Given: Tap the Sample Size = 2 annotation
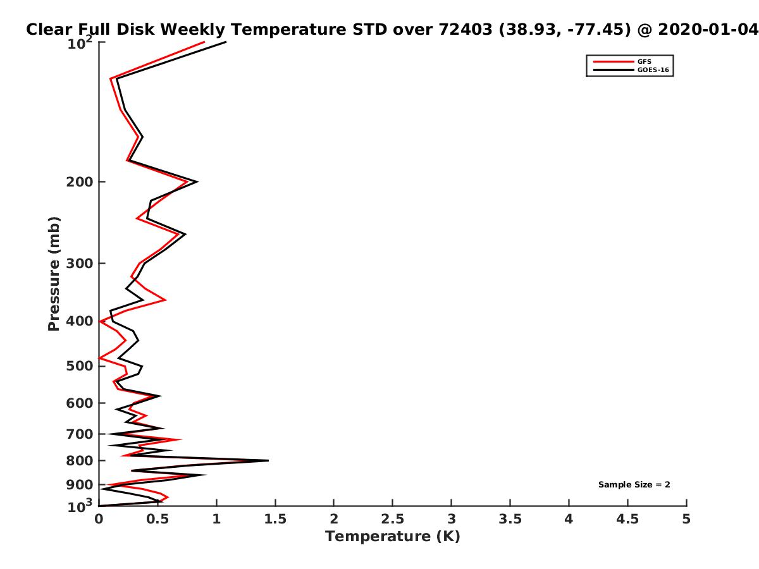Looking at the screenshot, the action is [634, 485].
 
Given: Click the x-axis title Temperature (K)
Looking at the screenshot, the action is [393, 537].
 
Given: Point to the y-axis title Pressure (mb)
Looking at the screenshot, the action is [54, 274].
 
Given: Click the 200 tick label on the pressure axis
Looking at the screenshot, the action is [80, 181].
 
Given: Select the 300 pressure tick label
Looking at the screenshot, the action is [80, 264].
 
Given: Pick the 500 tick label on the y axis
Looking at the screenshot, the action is [80, 366].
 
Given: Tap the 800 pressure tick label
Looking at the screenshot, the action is [80, 460].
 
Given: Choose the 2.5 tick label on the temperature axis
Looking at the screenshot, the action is [393, 519].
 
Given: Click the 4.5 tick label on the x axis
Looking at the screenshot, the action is [627, 519].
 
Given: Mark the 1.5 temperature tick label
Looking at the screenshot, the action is [275, 519].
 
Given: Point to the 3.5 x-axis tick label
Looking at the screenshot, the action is [510, 519].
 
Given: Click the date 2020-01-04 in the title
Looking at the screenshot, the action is [708, 30].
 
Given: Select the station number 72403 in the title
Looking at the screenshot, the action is [466, 30].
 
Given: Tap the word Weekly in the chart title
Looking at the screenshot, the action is [193, 30].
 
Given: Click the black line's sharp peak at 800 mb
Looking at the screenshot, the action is [268, 460].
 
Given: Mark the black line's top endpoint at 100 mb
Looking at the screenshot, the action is [226, 42].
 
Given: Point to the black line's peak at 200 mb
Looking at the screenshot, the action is [197, 181].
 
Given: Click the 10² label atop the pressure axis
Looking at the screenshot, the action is [80, 43].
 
